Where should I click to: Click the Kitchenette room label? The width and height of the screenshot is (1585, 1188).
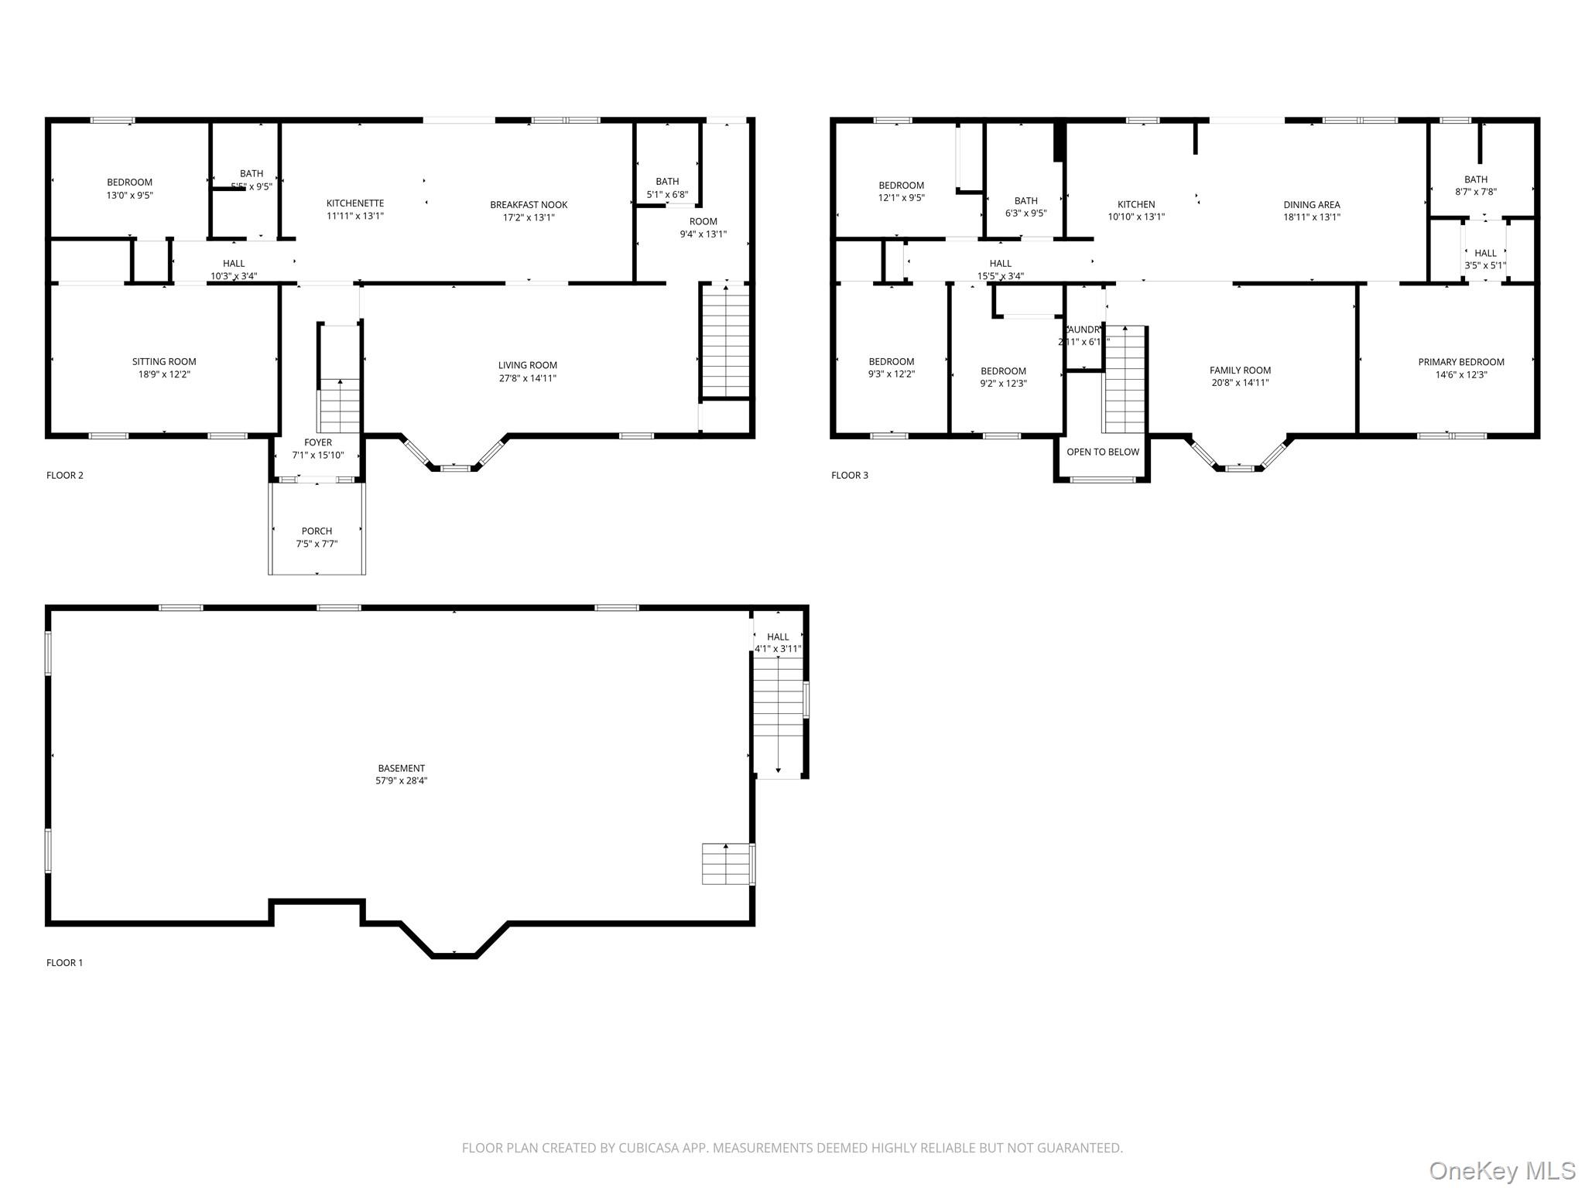(354, 203)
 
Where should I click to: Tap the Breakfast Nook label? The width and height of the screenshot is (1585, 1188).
(529, 205)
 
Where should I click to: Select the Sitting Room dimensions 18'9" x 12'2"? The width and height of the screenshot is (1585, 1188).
(164, 374)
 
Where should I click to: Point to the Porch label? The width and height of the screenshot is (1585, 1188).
(317, 531)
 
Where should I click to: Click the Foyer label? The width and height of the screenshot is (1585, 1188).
(318, 442)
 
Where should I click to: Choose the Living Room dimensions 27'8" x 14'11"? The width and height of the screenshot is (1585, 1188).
(528, 378)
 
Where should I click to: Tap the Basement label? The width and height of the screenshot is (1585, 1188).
(401, 768)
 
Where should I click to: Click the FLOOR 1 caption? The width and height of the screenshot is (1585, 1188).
(64, 963)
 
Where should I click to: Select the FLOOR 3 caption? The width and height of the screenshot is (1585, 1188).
(849, 476)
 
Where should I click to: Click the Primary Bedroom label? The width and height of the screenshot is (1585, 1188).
(1460, 362)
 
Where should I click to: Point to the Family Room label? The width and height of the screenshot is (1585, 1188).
(1240, 370)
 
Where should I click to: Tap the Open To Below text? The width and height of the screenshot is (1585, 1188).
(1103, 452)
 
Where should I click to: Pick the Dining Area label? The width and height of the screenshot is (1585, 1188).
(1311, 205)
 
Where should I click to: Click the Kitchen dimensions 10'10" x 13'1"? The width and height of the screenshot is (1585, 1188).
(1135, 217)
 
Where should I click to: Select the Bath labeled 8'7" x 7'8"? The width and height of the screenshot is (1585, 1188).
(1475, 179)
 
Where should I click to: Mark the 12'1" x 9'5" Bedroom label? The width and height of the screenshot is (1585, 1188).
(901, 186)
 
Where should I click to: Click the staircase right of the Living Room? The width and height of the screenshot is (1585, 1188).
(725, 340)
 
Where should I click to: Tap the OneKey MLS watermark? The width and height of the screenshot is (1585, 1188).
(1501, 1170)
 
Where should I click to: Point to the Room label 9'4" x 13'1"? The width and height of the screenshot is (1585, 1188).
(703, 221)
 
